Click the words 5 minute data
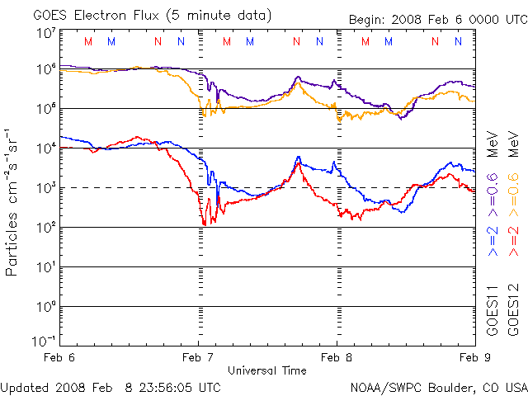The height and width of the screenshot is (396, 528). tap(221, 14)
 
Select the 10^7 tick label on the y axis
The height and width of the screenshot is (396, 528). tap(46, 33)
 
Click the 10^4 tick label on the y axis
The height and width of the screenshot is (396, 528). tap(46, 148)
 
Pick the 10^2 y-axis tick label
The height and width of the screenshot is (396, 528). tap(46, 227)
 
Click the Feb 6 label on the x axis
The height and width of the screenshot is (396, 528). tap(60, 357)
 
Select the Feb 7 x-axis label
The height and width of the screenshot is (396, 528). tap(198, 357)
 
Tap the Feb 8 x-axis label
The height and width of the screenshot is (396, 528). tap(337, 357)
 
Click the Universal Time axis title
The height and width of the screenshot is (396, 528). tap(266, 370)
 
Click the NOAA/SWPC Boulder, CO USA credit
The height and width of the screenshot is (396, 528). tap(438, 386)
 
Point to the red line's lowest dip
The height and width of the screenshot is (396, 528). tap(204, 224)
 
